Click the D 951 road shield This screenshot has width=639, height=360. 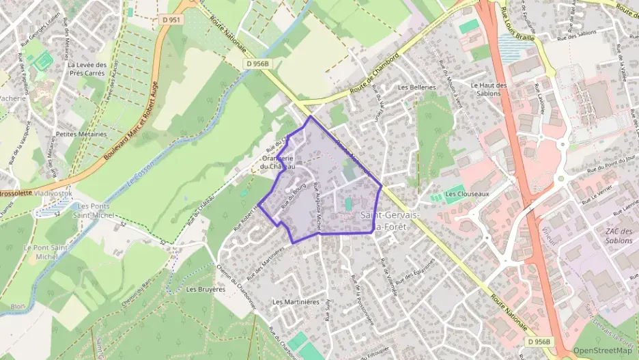(172, 20)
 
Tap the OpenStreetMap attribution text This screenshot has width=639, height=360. (603, 350)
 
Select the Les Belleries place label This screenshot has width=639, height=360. (416, 87)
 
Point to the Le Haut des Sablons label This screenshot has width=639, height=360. (489, 89)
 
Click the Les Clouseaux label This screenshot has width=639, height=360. (467, 194)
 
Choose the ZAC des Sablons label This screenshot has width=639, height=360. (619, 236)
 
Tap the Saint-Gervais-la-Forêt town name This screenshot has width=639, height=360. (389, 221)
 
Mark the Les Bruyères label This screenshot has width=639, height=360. (205, 289)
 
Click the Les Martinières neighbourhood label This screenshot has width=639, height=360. (296, 301)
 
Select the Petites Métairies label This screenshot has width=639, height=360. (81, 135)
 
